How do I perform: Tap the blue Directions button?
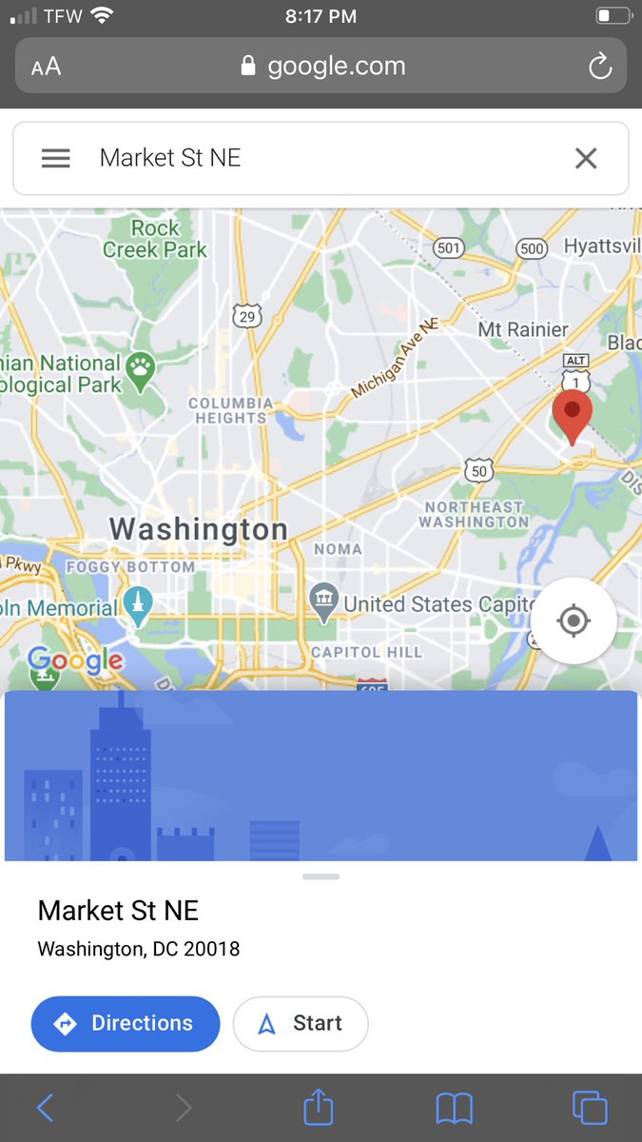click(126, 1023)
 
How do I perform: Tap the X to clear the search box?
click(586, 158)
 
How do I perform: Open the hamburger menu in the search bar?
click(56, 158)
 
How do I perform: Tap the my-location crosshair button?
click(573, 621)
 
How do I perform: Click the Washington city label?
click(198, 529)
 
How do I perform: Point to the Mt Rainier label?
click(523, 329)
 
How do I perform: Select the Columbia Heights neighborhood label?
click(230, 410)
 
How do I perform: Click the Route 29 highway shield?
click(247, 317)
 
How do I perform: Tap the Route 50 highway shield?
click(478, 469)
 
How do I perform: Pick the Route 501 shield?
click(449, 247)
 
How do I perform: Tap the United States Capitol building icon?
click(325, 601)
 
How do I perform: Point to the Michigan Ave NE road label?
click(392, 359)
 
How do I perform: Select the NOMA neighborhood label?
click(338, 549)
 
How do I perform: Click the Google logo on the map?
click(75, 660)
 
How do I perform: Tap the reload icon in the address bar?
click(599, 66)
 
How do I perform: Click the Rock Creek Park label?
click(155, 239)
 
